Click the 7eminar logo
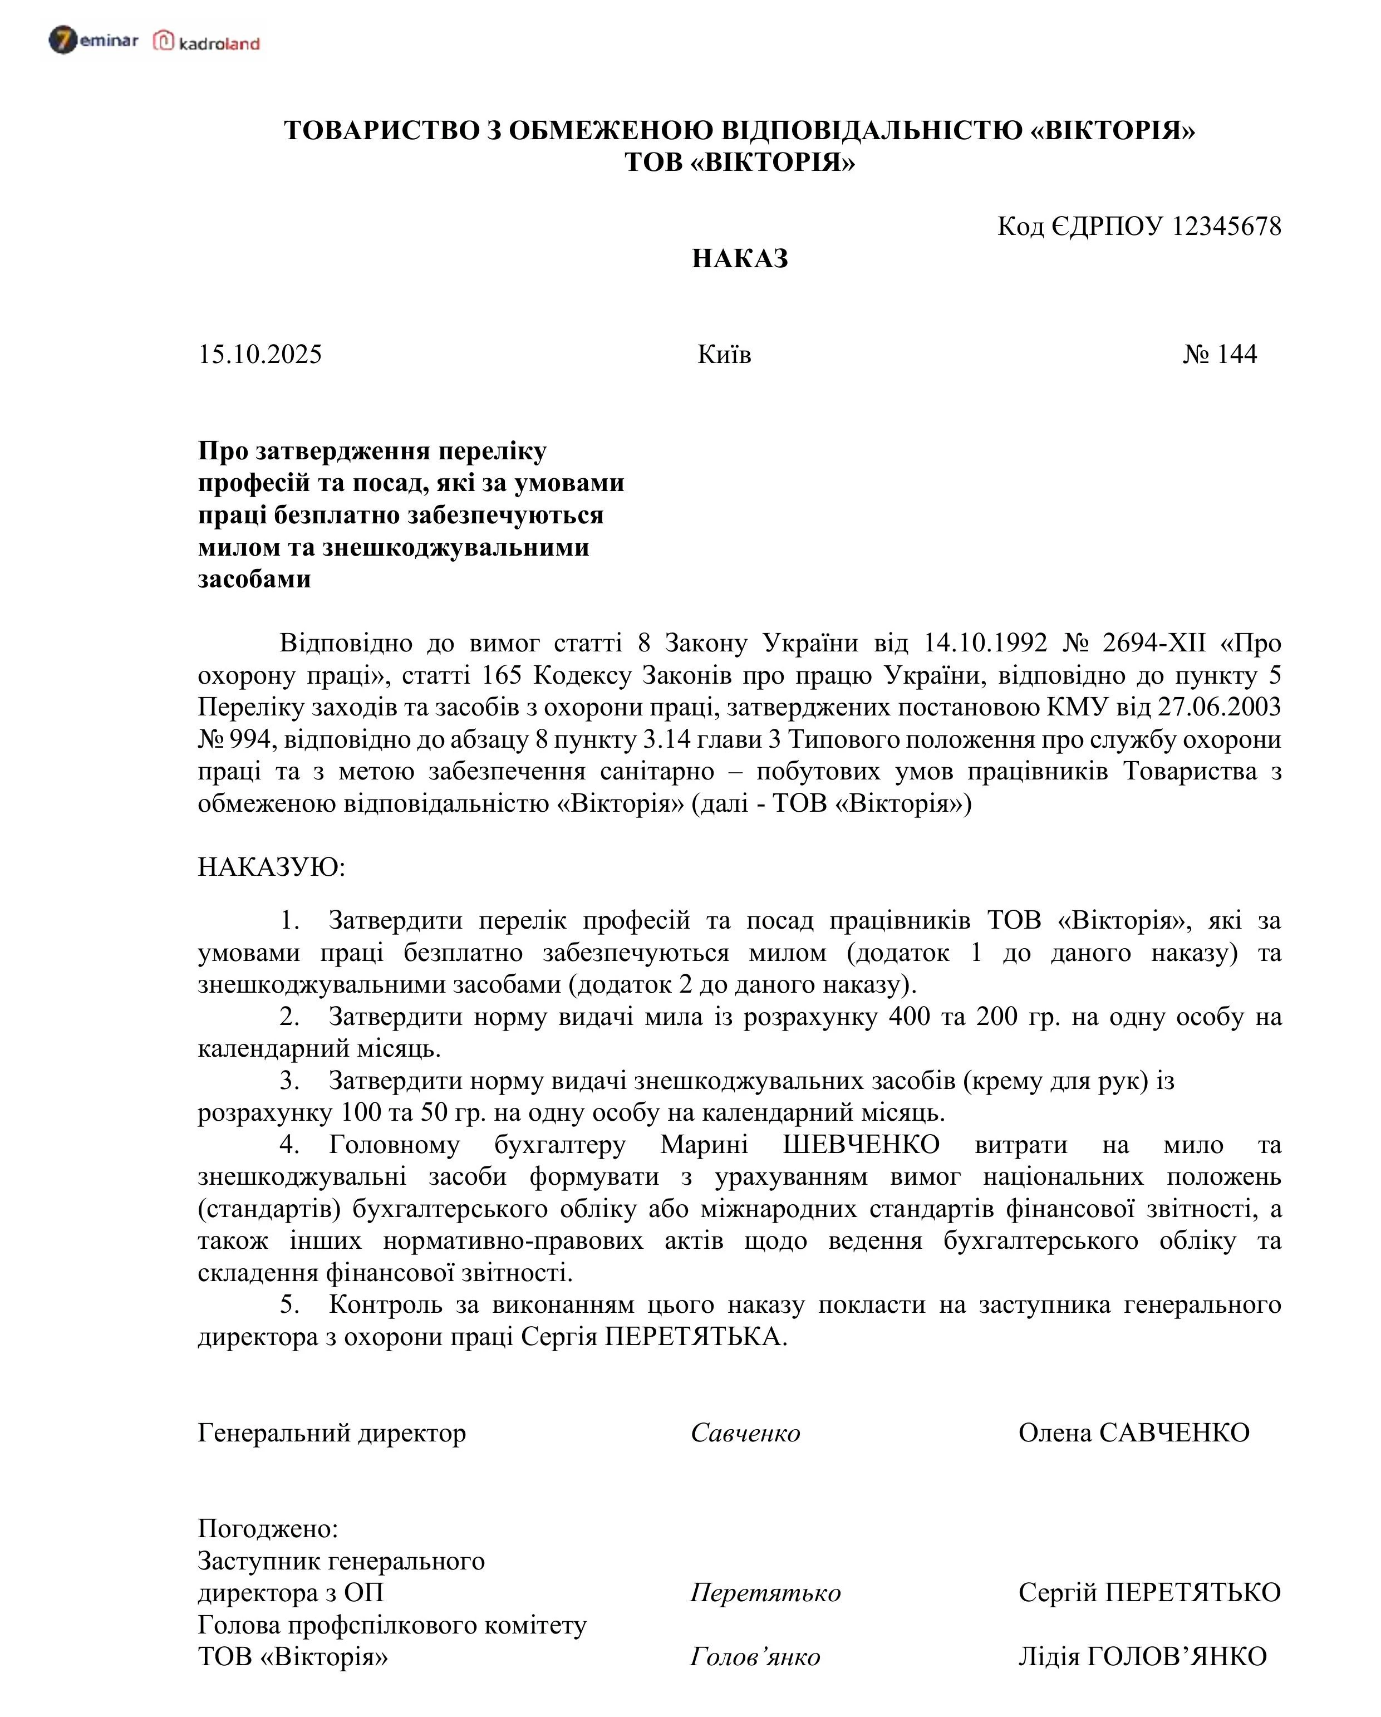click(93, 40)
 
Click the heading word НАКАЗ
click(740, 259)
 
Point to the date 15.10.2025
click(259, 355)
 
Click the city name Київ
click(724, 355)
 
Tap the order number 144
click(1237, 355)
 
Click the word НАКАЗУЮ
click(271, 867)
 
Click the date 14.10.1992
click(985, 642)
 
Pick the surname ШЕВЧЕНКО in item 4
click(861, 1145)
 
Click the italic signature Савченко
click(745, 1434)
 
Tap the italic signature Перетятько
click(765, 1593)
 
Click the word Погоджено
click(267, 1529)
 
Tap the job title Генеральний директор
click(331, 1434)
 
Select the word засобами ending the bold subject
click(254, 579)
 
